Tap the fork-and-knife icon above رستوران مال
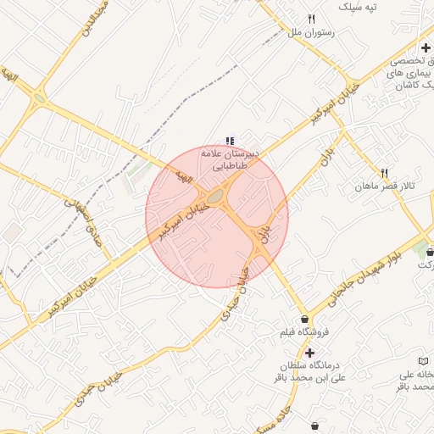312,19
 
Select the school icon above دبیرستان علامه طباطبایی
229,141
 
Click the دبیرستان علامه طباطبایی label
229,160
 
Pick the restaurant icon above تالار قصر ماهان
384,171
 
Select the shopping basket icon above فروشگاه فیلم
304,319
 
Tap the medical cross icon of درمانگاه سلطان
309,353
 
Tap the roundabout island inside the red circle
217,197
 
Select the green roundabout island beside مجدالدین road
39,97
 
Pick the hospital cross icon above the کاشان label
426,47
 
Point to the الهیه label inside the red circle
181,178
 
